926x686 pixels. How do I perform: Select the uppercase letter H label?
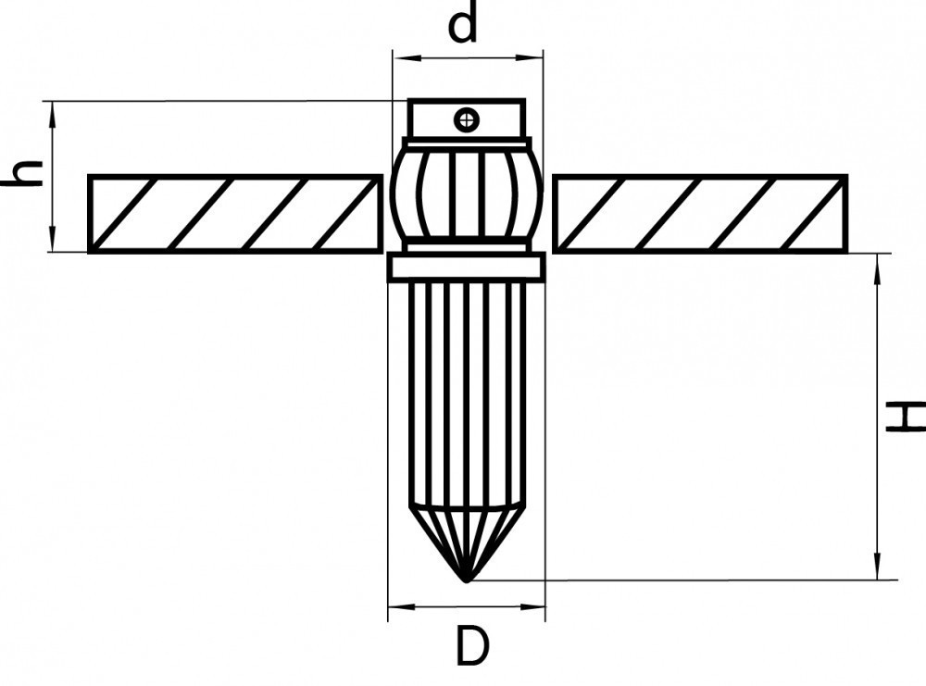(906, 417)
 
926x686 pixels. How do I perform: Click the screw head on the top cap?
(467, 119)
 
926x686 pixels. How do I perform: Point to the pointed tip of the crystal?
(467, 581)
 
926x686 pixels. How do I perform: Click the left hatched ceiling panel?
(235, 214)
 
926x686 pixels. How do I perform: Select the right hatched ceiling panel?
(700, 214)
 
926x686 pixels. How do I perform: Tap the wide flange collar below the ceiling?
(466, 267)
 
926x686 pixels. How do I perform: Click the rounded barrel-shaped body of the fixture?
(466, 194)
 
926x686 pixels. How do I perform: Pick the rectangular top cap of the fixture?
(467, 118)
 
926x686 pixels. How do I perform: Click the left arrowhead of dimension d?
(407, 57)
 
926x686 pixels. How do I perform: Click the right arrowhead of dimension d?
(529, 57)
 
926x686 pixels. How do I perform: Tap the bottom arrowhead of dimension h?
(53, 239)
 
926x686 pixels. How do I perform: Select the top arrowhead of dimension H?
(878, 268)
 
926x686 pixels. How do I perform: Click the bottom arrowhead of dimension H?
(878, 567)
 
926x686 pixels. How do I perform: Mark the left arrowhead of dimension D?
(402, 606)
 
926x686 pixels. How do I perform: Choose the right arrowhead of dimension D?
(532, 606)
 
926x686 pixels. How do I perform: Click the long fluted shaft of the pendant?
(467, 393)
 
